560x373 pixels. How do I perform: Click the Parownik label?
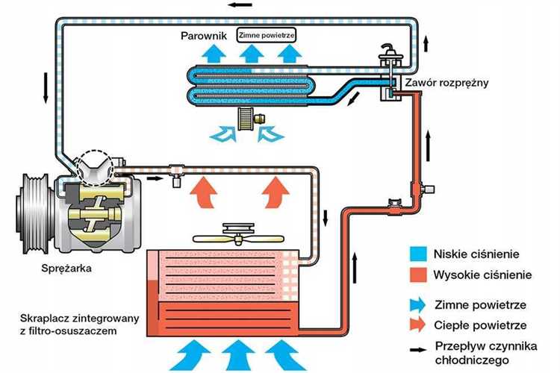tap(204, 36)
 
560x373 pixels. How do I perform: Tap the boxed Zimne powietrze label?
tap(267, 35)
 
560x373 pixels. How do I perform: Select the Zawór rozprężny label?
tap(447, 83)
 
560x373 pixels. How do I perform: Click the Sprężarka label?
tap(66, 269)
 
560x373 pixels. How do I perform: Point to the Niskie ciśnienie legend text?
tap(476, 254)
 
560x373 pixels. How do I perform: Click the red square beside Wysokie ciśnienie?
tap(418, 275)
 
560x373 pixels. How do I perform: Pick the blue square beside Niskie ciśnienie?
tap(418, 254)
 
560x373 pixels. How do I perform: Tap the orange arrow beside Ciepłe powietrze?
tap(418, 325)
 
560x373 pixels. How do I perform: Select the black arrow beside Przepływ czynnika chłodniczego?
tap(418, 350)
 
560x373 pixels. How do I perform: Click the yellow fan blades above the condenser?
tap(238, 239)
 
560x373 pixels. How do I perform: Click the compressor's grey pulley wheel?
tap(33, 214)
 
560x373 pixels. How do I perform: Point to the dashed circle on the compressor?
tap(96, 166)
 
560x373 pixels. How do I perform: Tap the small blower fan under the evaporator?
tap(246, 119)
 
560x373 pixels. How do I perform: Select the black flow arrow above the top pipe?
tap(240, 5)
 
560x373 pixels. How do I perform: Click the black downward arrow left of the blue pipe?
tap(46, 88)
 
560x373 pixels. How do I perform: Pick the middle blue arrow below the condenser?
tap(238, 355)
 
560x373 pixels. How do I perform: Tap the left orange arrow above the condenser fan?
tap(204, 191)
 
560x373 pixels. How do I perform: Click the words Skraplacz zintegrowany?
tap(79, 319)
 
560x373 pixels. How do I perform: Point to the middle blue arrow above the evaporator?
tap(252, 53)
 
